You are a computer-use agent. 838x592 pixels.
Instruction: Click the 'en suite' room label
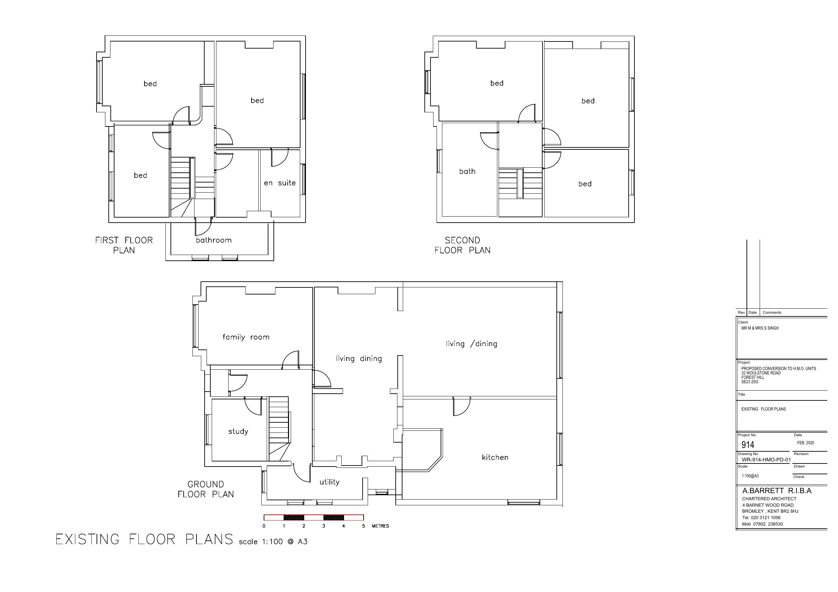(280, 183)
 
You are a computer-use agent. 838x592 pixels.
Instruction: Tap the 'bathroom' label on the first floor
(213, 240)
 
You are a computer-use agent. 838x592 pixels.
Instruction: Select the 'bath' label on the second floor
(467, 171)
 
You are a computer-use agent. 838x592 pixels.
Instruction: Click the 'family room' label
(246, 337)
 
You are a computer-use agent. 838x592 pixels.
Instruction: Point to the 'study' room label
(238, 431)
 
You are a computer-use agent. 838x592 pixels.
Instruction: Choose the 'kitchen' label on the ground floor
(495, 457)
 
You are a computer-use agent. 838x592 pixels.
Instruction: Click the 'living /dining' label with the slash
(472, 344)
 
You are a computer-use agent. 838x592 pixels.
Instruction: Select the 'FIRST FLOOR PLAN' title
(124, 245)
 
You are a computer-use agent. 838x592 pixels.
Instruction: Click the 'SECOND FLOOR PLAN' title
(463, 245)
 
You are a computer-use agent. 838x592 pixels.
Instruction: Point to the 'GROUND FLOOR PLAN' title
(206, 489)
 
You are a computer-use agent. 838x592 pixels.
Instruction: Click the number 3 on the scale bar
(323, 526)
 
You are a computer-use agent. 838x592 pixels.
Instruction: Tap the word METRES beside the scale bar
(380, 526)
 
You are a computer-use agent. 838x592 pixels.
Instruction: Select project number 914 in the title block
(748, 445)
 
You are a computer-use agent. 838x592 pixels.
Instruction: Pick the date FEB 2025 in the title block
(806, 443)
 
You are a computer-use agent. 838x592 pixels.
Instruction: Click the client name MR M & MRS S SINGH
(760, 328)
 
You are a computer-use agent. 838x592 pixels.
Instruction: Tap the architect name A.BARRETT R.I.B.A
(777, 490)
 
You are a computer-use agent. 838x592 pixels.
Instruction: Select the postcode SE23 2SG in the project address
(750, 382)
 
